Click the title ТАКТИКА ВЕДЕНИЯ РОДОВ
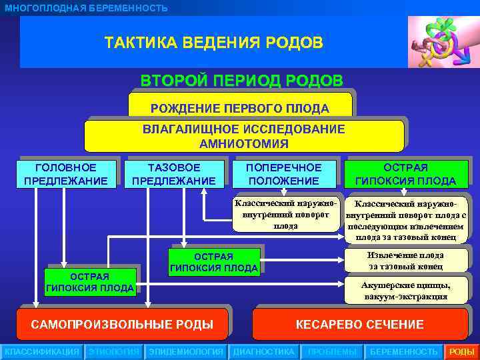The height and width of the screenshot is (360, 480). [213, 43]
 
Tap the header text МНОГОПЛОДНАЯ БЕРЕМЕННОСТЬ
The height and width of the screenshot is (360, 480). [86, 8]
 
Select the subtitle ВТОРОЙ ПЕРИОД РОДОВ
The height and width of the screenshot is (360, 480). [241, 81]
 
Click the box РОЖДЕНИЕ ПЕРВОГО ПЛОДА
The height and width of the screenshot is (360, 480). [240, 107]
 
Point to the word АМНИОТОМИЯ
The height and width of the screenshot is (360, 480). [243, 143]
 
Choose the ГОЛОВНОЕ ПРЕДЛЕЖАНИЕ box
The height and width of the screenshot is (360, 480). [65, 174]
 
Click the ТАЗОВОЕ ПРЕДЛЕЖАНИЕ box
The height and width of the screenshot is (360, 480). [174, 174]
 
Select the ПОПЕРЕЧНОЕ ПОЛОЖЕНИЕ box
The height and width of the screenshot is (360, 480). [283, 174]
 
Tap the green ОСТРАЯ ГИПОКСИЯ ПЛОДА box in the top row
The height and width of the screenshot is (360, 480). [405, 174]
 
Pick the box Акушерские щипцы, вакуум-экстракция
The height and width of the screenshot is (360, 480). [405, 291]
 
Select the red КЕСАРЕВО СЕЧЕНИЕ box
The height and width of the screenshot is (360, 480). [359, 325]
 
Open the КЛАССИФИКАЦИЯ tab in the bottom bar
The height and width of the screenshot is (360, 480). [41, 352]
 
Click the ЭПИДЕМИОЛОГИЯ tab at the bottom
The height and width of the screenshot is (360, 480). [186, 352]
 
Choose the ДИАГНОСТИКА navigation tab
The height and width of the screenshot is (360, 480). [263, 352]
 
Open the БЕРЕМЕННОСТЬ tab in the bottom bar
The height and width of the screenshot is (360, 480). [404, 352]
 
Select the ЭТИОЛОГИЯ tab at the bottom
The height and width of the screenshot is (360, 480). [113, 352]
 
